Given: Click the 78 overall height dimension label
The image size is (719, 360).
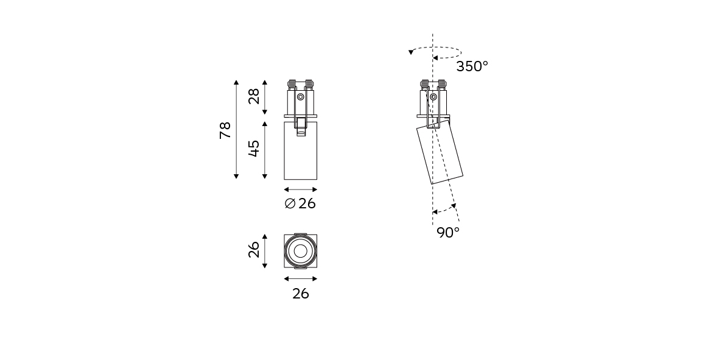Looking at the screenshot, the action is point(225,130).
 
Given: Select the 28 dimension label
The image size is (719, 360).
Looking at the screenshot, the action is point(254,96).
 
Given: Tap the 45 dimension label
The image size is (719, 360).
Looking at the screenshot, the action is point(254,149).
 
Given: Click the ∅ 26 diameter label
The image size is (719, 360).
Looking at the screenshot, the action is point(300,203).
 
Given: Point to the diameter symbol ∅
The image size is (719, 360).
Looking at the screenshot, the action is point(290,203).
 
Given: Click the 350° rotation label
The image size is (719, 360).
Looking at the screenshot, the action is point(472,66).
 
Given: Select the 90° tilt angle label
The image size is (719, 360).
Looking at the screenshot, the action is point(448,233).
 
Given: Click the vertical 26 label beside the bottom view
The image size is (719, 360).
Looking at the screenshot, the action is point(254,250).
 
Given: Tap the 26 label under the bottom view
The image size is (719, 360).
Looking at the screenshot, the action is point(301,294).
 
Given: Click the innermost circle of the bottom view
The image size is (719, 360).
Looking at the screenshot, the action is point(300,251).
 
